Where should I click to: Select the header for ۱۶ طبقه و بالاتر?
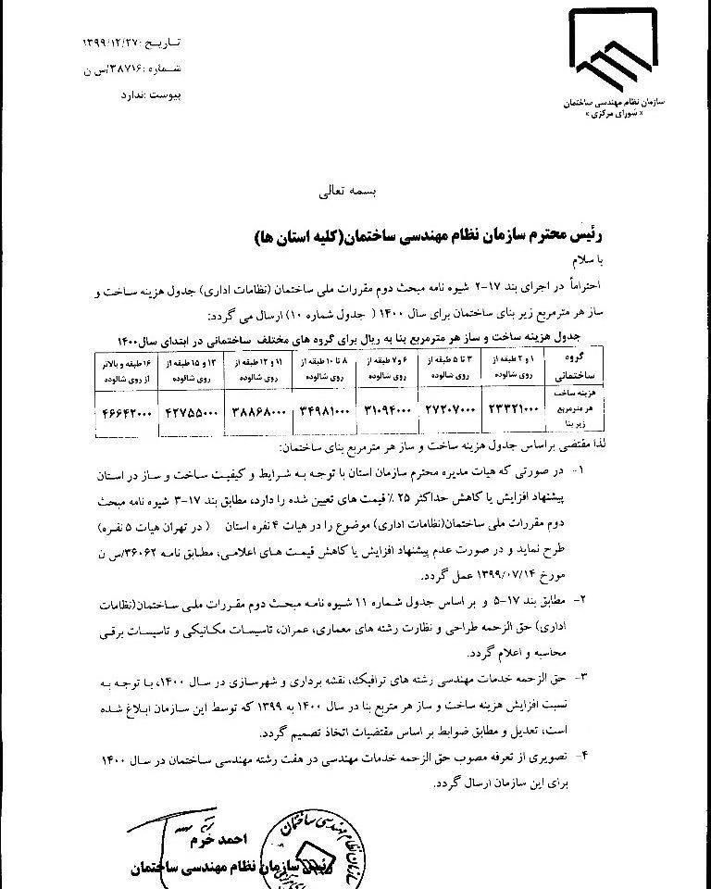[x=127, y=371]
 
